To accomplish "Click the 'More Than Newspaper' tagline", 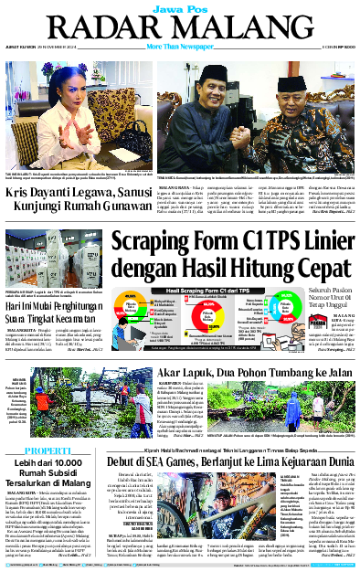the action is click(180, 45).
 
